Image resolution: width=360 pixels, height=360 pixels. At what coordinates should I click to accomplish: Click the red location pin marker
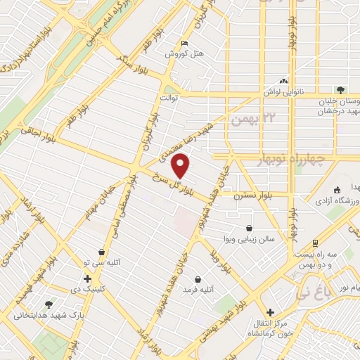181,166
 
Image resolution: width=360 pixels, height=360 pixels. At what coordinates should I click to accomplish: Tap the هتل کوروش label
184,53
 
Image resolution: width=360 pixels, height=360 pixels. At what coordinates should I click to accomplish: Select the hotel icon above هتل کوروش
184,43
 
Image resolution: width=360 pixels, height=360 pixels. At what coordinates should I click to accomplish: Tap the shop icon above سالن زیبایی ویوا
250,227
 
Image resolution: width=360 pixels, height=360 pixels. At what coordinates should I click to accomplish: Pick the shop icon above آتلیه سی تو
102,251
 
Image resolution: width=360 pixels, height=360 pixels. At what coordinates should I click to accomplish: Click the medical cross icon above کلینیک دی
87,278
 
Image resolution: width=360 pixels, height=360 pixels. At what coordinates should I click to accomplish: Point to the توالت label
171,98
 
